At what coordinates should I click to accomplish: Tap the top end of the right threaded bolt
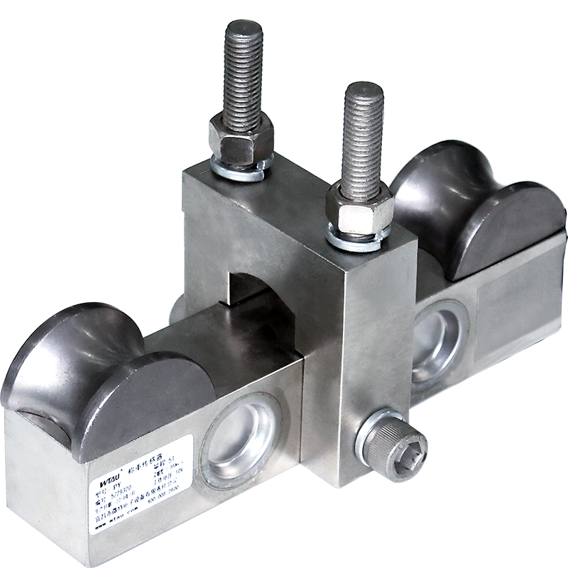pyautogui.click(x=364, y=91)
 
